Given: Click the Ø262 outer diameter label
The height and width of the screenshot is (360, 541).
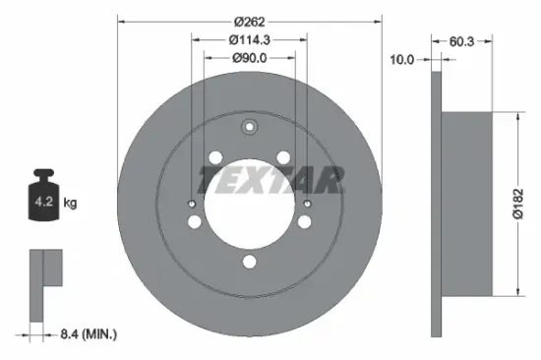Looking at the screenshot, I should (249, 19).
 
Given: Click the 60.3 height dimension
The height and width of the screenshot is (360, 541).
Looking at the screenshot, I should (463, 42).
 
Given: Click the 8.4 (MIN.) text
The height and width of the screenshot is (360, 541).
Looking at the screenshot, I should (86, 334).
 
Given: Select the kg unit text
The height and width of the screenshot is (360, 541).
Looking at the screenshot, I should (70, 204).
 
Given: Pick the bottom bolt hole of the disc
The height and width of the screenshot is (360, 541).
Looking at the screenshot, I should (249, 262).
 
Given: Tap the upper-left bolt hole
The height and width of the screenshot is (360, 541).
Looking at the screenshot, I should (214, 157).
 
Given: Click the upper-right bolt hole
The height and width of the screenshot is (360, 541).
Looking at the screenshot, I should (283, 157).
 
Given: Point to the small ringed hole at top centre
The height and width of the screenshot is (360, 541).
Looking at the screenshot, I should (249, 127).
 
